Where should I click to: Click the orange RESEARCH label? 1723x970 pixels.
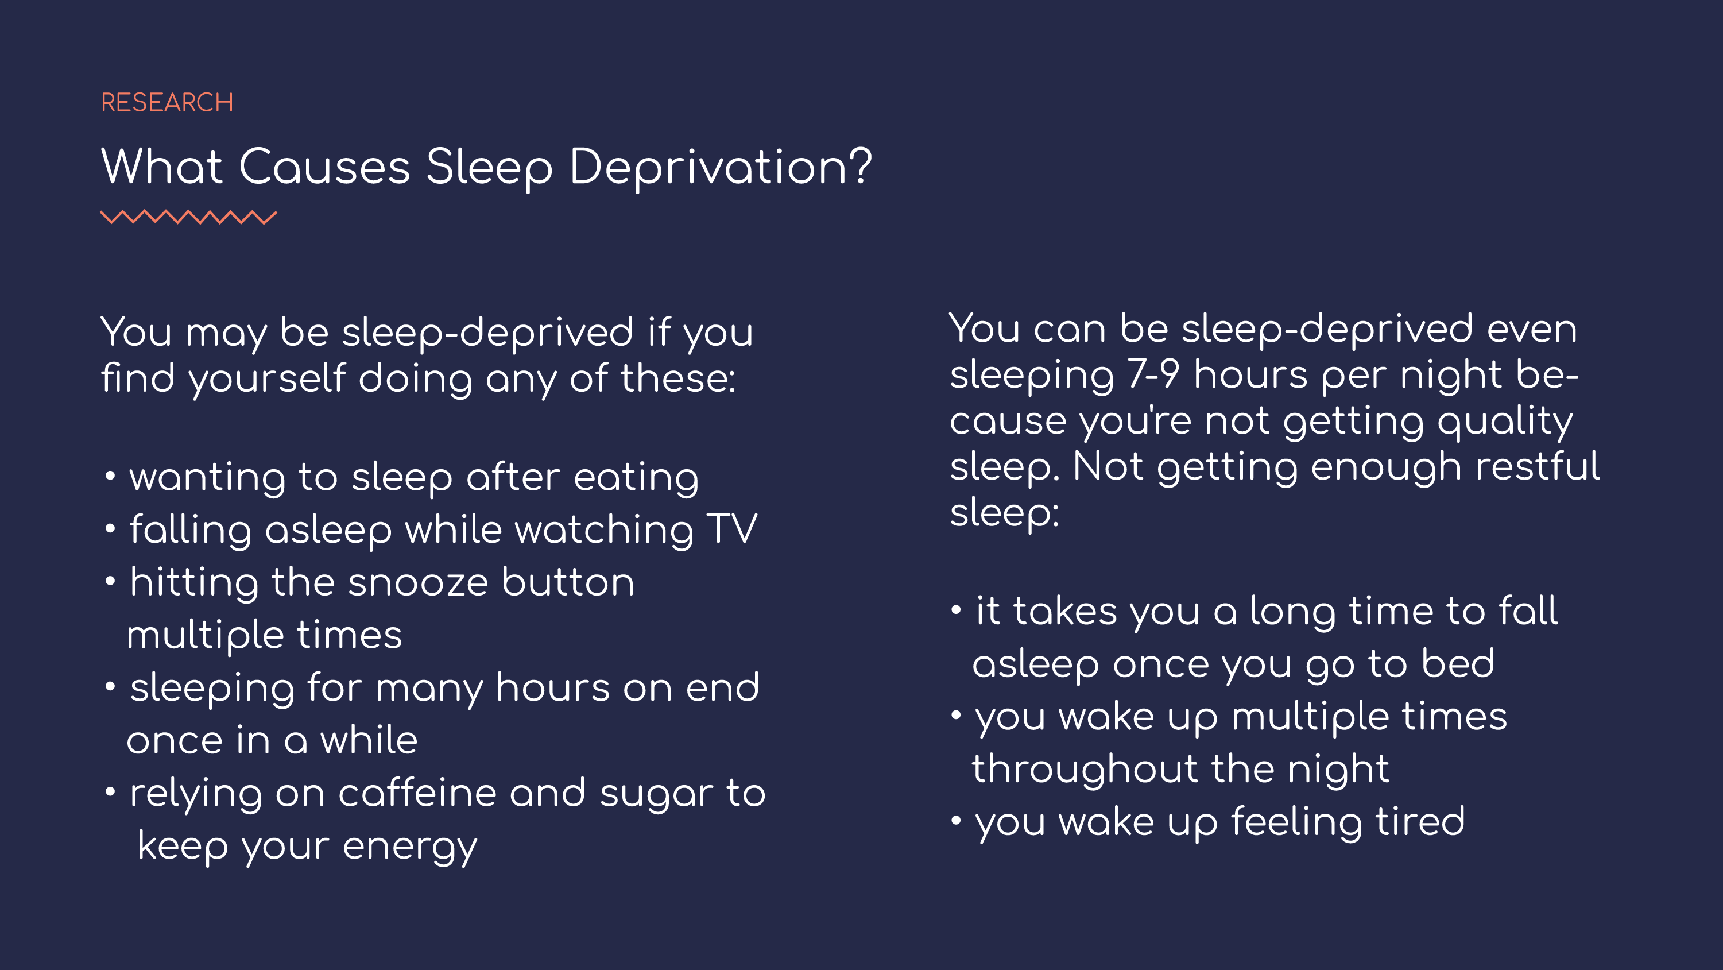coord(167,102)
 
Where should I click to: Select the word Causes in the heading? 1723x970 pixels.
coord(324,167)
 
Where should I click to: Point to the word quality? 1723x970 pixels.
coord(1505,422)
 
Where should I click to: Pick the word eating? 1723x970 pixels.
coord(636,479)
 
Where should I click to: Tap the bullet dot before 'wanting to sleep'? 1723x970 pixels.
coord(110,476)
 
